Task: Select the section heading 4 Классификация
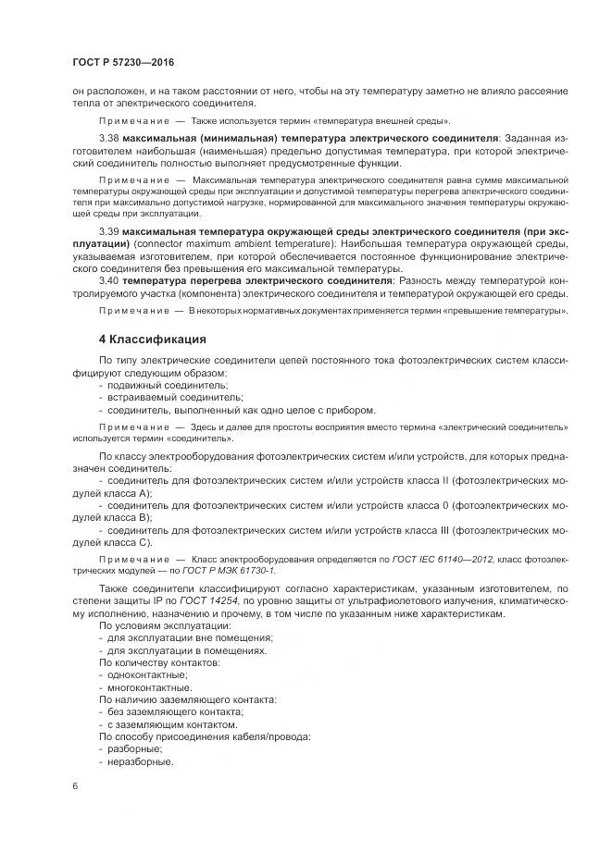pos(153,339)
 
